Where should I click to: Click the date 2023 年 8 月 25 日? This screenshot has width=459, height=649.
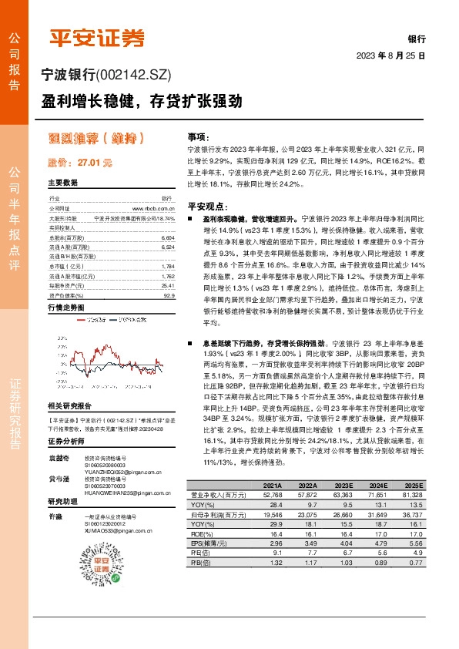391,56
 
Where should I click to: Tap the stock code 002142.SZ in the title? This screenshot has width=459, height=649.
137,75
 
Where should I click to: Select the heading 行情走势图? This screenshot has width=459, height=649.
65,307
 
